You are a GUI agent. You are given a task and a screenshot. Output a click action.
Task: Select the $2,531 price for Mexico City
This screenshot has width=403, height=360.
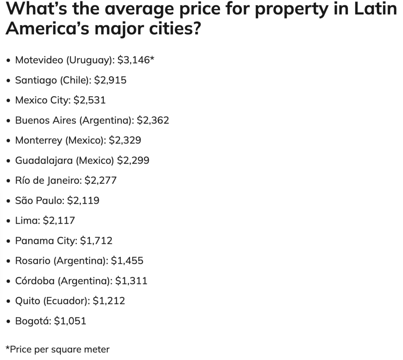[90, 100]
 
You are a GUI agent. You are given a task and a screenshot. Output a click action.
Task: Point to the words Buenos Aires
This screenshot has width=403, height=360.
[46, 120]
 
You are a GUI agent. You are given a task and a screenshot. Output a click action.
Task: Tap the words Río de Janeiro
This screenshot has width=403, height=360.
[48, 180]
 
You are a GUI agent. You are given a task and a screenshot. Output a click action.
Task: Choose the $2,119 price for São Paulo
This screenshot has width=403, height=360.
[83, 200]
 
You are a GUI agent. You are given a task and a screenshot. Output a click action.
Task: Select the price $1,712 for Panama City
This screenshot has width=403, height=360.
[96, 240]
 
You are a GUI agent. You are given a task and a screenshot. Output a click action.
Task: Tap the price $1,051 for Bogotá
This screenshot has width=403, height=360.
[70, 321]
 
